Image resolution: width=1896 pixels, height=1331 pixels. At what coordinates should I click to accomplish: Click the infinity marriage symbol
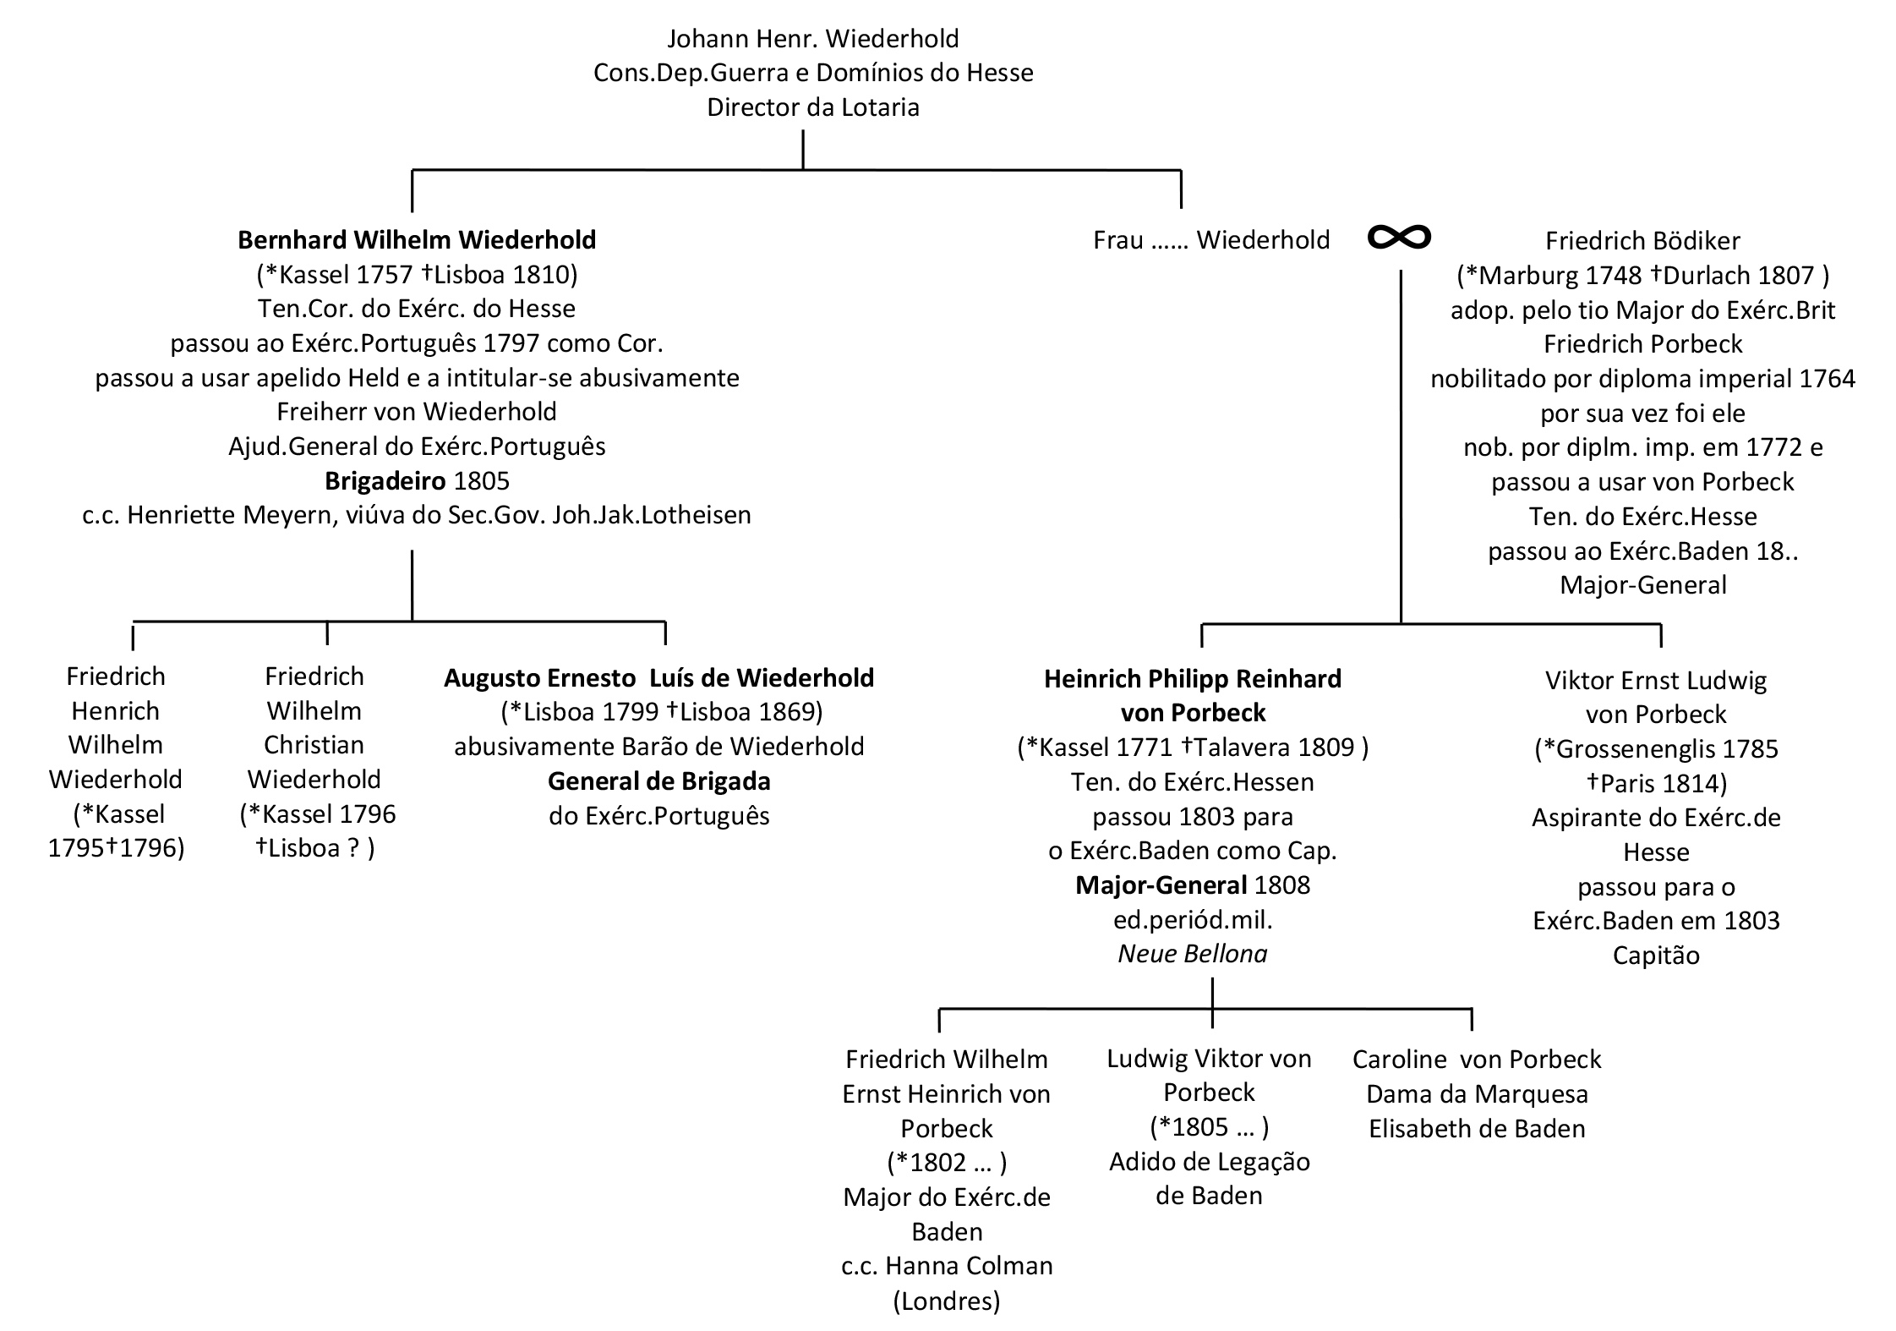point(1399,238)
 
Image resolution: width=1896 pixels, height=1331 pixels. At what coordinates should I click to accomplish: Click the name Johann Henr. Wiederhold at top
point(812,39)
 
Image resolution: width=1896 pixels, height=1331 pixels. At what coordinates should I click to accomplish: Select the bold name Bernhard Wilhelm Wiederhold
point(417,240)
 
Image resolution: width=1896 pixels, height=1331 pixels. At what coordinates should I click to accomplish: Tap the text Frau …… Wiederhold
point(1210,240)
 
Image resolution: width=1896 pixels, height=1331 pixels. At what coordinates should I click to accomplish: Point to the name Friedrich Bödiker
point(1642,241)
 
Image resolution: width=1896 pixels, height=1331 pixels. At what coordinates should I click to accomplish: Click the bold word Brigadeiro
point(385,481)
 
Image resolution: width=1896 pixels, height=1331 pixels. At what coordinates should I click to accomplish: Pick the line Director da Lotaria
point(812,107)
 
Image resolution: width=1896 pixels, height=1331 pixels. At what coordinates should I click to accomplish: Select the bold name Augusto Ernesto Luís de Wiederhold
point(658,678)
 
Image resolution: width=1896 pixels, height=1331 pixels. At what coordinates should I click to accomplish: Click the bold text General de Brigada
point(658,781)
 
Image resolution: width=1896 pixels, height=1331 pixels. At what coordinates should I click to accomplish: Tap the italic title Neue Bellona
point(1192,954)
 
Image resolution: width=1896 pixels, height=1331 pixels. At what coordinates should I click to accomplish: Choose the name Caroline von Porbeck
point(1476,1060)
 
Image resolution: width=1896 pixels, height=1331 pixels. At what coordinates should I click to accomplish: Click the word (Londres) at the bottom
point(946,1301)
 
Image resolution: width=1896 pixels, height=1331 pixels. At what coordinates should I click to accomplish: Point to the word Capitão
point(1655,956)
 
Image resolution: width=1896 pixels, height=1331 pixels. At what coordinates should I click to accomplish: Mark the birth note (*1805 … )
point(1209,1127)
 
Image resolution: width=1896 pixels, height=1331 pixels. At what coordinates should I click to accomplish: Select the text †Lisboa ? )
point(314,847)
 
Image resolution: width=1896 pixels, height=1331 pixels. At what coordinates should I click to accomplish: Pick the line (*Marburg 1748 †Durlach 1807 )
point(1642,276)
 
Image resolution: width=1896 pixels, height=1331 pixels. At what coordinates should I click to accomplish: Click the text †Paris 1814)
point(1655,783)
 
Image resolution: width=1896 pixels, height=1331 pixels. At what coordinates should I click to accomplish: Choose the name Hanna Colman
point(969,1266)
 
